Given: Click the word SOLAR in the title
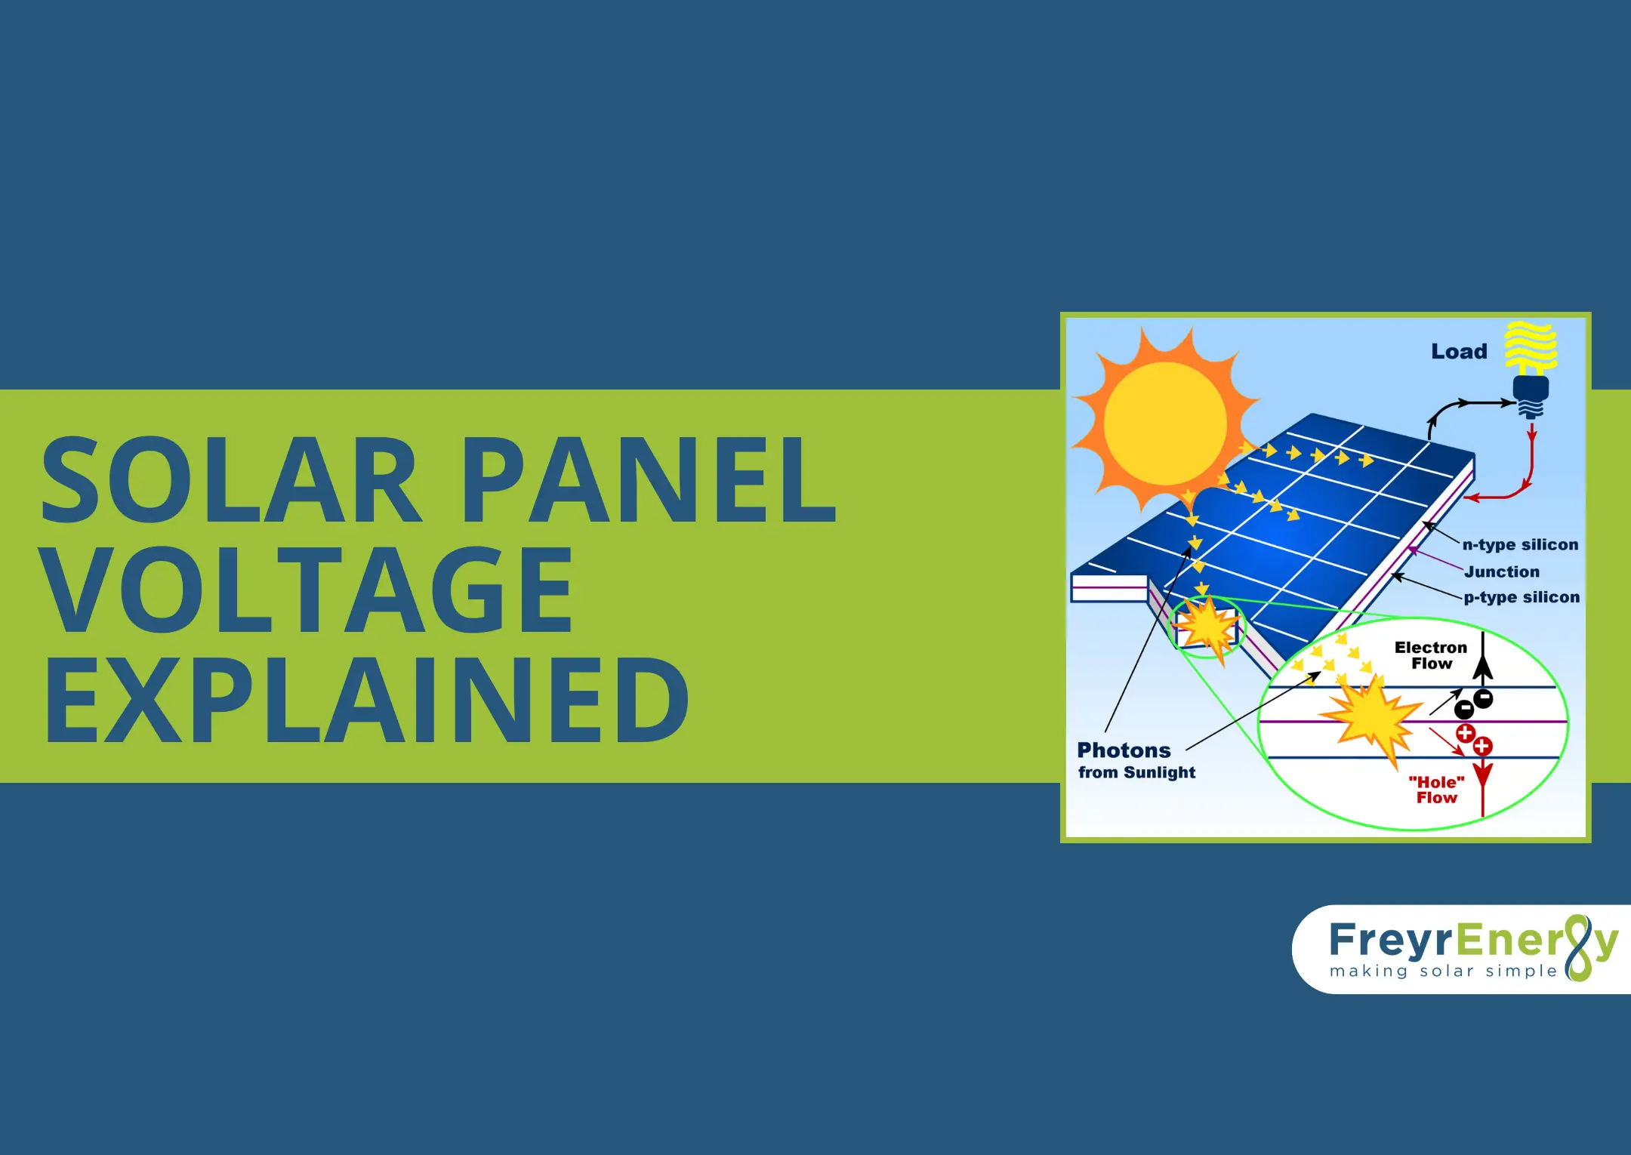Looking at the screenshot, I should (x=230, y=479).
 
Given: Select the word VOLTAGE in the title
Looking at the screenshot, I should (x=306, y=590).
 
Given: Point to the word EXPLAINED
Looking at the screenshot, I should (x=366, y=701).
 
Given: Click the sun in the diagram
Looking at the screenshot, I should (x=1164, y=423).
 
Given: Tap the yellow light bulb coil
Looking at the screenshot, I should (x=1531, y=346).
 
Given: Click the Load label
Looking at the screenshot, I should (x=1459, y=352).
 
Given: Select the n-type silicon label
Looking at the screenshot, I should (x=1520, y=545).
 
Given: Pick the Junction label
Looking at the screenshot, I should (x=1502, y=572).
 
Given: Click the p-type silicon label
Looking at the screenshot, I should (x=1522, y=598).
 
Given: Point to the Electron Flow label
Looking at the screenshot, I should (x=1431, y=655).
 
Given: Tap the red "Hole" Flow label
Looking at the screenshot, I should (x=1436, y=790).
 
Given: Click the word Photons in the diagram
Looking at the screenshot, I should (x=1124, y=750).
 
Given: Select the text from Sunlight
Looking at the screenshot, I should (x=1136, y=773).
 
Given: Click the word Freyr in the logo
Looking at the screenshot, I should (x=1390, y=941).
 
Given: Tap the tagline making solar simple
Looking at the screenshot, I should (x=1443, y=972).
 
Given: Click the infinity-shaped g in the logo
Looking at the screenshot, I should (x=1579, y=947).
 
